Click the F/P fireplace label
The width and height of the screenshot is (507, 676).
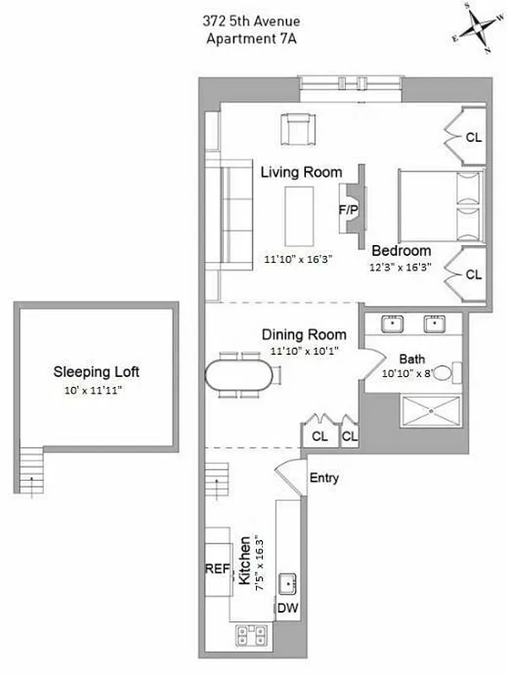point(346,208)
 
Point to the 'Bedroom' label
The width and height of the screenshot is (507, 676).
point(401,250)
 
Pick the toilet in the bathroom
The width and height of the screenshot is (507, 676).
point(453,372)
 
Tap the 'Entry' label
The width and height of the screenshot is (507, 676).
point(324,478)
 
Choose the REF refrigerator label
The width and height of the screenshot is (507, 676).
point(217,569)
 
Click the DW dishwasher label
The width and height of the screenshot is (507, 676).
point(288,608)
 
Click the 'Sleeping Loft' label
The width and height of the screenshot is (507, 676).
point(96,371)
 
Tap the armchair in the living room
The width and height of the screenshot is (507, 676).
point(296,129)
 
